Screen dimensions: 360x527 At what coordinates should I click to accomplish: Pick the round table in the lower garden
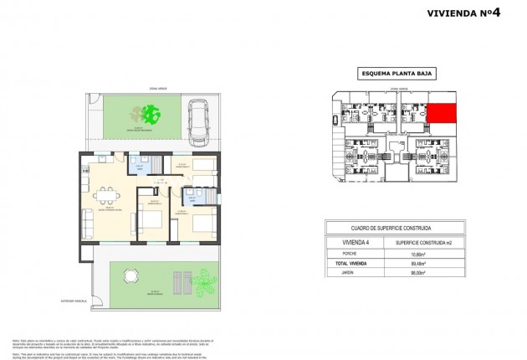pyautogui.click(x=130, y=276)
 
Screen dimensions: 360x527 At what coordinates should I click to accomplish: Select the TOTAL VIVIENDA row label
pyautogui.click(x=352, y=262)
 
